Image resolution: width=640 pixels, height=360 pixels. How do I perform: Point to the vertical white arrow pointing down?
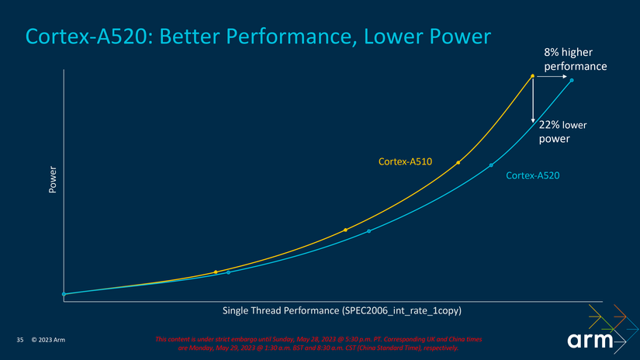533,101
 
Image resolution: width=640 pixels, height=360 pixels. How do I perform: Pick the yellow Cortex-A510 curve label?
404,161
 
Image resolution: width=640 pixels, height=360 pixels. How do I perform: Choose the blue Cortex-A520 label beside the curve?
532,177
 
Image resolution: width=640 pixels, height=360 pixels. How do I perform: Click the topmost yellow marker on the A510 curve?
533,76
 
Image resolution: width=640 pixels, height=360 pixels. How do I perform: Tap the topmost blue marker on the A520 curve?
572,80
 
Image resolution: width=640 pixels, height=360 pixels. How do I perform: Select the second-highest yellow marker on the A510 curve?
458,162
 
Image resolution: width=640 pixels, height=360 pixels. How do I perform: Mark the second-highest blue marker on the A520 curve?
491,165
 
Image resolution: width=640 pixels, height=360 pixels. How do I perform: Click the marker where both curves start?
64,294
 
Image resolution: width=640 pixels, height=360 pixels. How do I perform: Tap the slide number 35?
20,340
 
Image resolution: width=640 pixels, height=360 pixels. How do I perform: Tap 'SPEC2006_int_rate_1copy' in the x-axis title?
402,310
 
